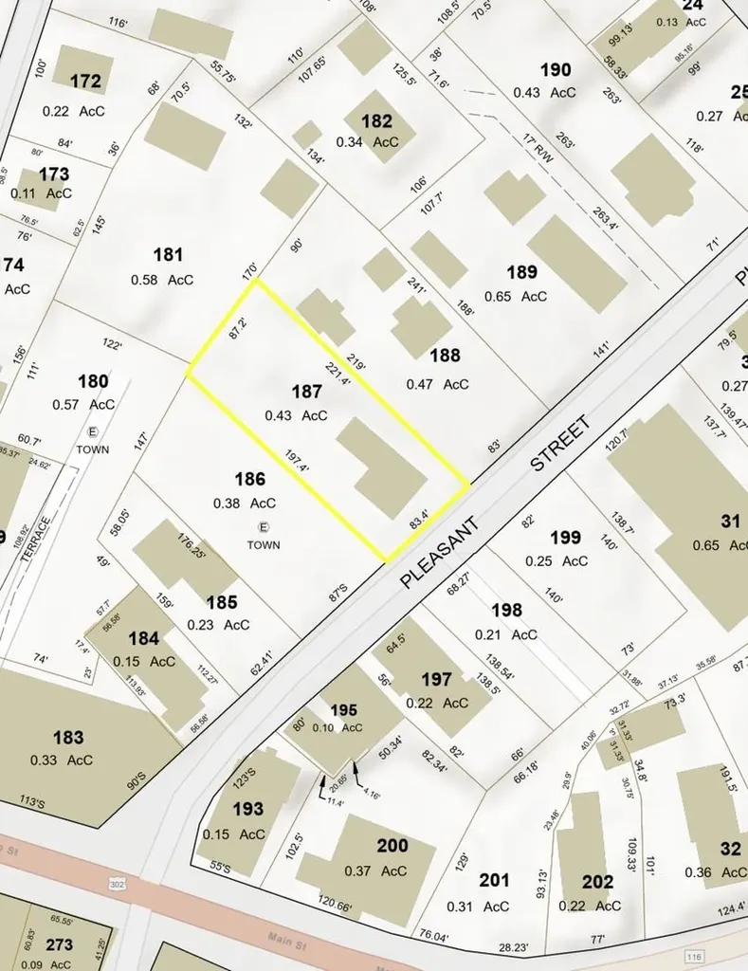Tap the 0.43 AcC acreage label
coord(296,415)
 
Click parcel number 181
coord(167,255)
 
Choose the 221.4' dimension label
coord(338,376)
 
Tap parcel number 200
coord(392,846)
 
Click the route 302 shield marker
coord(118,884)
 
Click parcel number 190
coord(556,69)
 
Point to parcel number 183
coord(68,737)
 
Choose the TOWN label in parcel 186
coord(264,545)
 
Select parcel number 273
coord(59,944)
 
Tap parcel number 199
coord(565,538)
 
